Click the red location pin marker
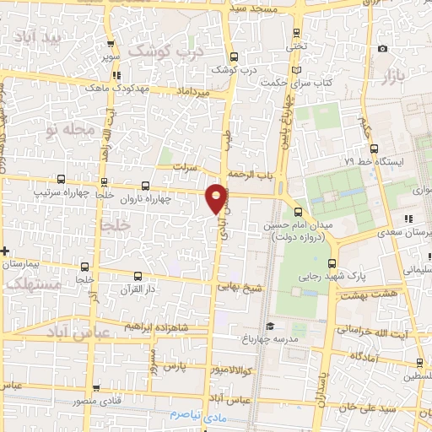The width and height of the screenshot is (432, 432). tap(217, 197)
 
